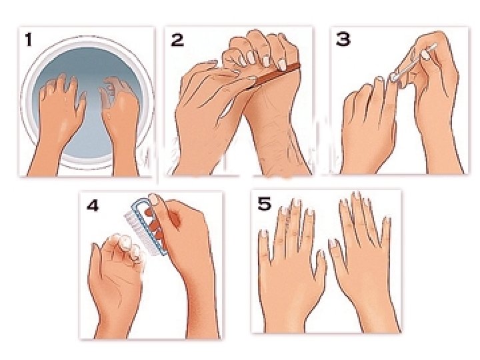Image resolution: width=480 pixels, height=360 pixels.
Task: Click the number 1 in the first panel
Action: (29, 40)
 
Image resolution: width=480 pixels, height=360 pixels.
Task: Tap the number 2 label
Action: (177, 40)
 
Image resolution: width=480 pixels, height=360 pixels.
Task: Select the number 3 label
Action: (343, 39)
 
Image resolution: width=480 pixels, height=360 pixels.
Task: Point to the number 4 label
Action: (93, 205)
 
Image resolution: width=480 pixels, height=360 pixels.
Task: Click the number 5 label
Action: (265, 203)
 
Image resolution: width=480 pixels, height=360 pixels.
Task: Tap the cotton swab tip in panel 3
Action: (395, 76)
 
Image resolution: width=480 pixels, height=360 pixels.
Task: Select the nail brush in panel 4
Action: (146, 226)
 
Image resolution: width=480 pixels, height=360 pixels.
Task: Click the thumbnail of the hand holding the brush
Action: (155, 199)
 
